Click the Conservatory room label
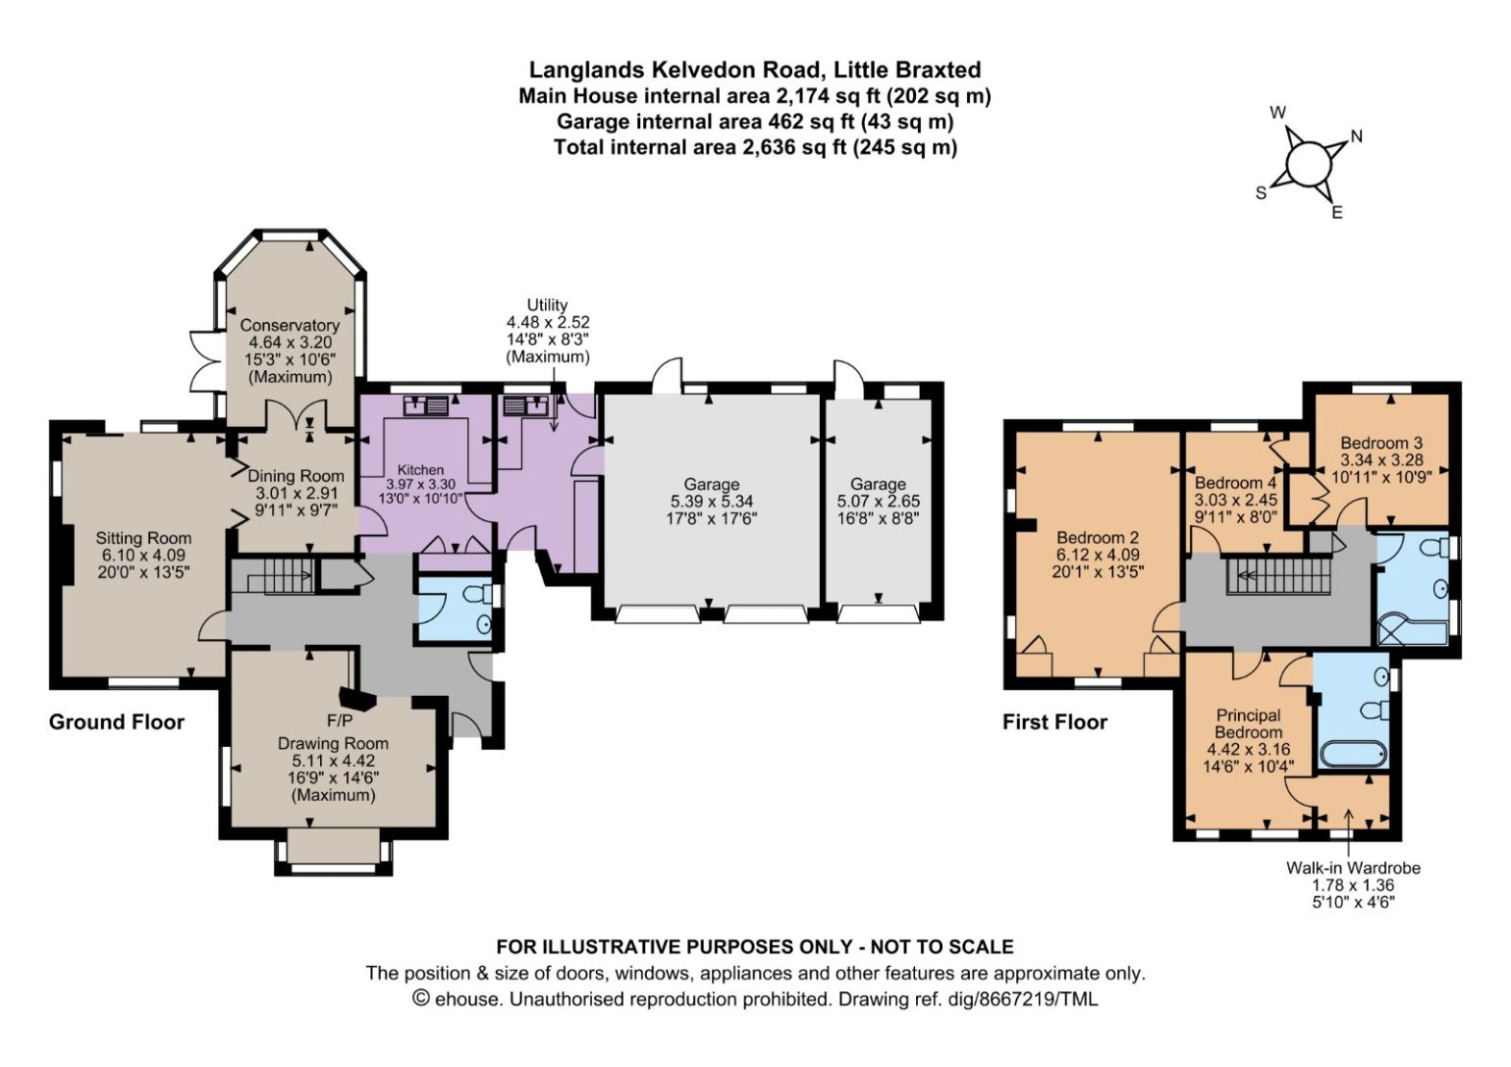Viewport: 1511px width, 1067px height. tap(289, 325)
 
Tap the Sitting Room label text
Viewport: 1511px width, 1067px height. tap(143, 538)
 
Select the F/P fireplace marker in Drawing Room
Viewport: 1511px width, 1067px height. tap(339, 721)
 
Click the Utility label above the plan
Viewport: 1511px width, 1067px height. tap(547, 305)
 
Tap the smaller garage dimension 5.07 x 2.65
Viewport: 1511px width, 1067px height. tap(879, 502)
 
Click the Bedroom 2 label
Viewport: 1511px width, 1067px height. tap(1098, 537)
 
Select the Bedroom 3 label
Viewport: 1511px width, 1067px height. tap(1381, 443)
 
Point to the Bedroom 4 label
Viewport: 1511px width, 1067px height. tap(1235, 483)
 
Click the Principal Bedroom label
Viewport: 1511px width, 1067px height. tap(1249, 723)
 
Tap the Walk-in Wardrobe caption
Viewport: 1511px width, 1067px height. tap(1353, 868)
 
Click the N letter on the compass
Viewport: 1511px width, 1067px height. tap(1357, 136)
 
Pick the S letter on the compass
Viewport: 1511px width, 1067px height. tap(1261, 193)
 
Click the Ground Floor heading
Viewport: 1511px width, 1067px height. tap(116, 722)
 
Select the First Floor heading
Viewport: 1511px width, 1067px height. tap(1055, 722)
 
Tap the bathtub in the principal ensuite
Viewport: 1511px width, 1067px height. tap(1352, 754)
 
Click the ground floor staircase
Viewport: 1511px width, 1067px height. tap(273, 576)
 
